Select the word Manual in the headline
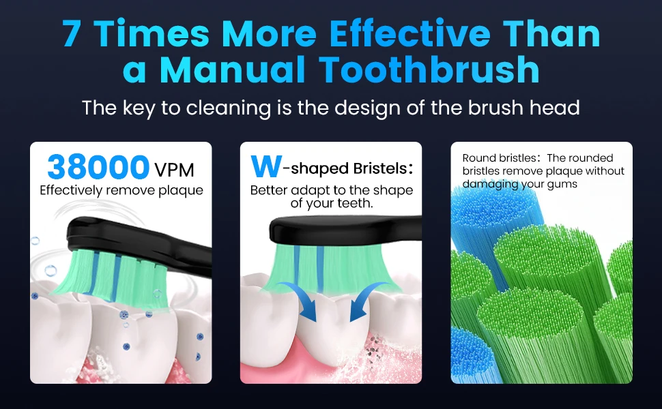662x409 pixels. point(235,70)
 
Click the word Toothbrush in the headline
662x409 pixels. point(431,70)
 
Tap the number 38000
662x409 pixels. point(98,167)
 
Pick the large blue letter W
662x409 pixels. point(265,167)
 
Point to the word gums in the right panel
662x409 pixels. point(561,184)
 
